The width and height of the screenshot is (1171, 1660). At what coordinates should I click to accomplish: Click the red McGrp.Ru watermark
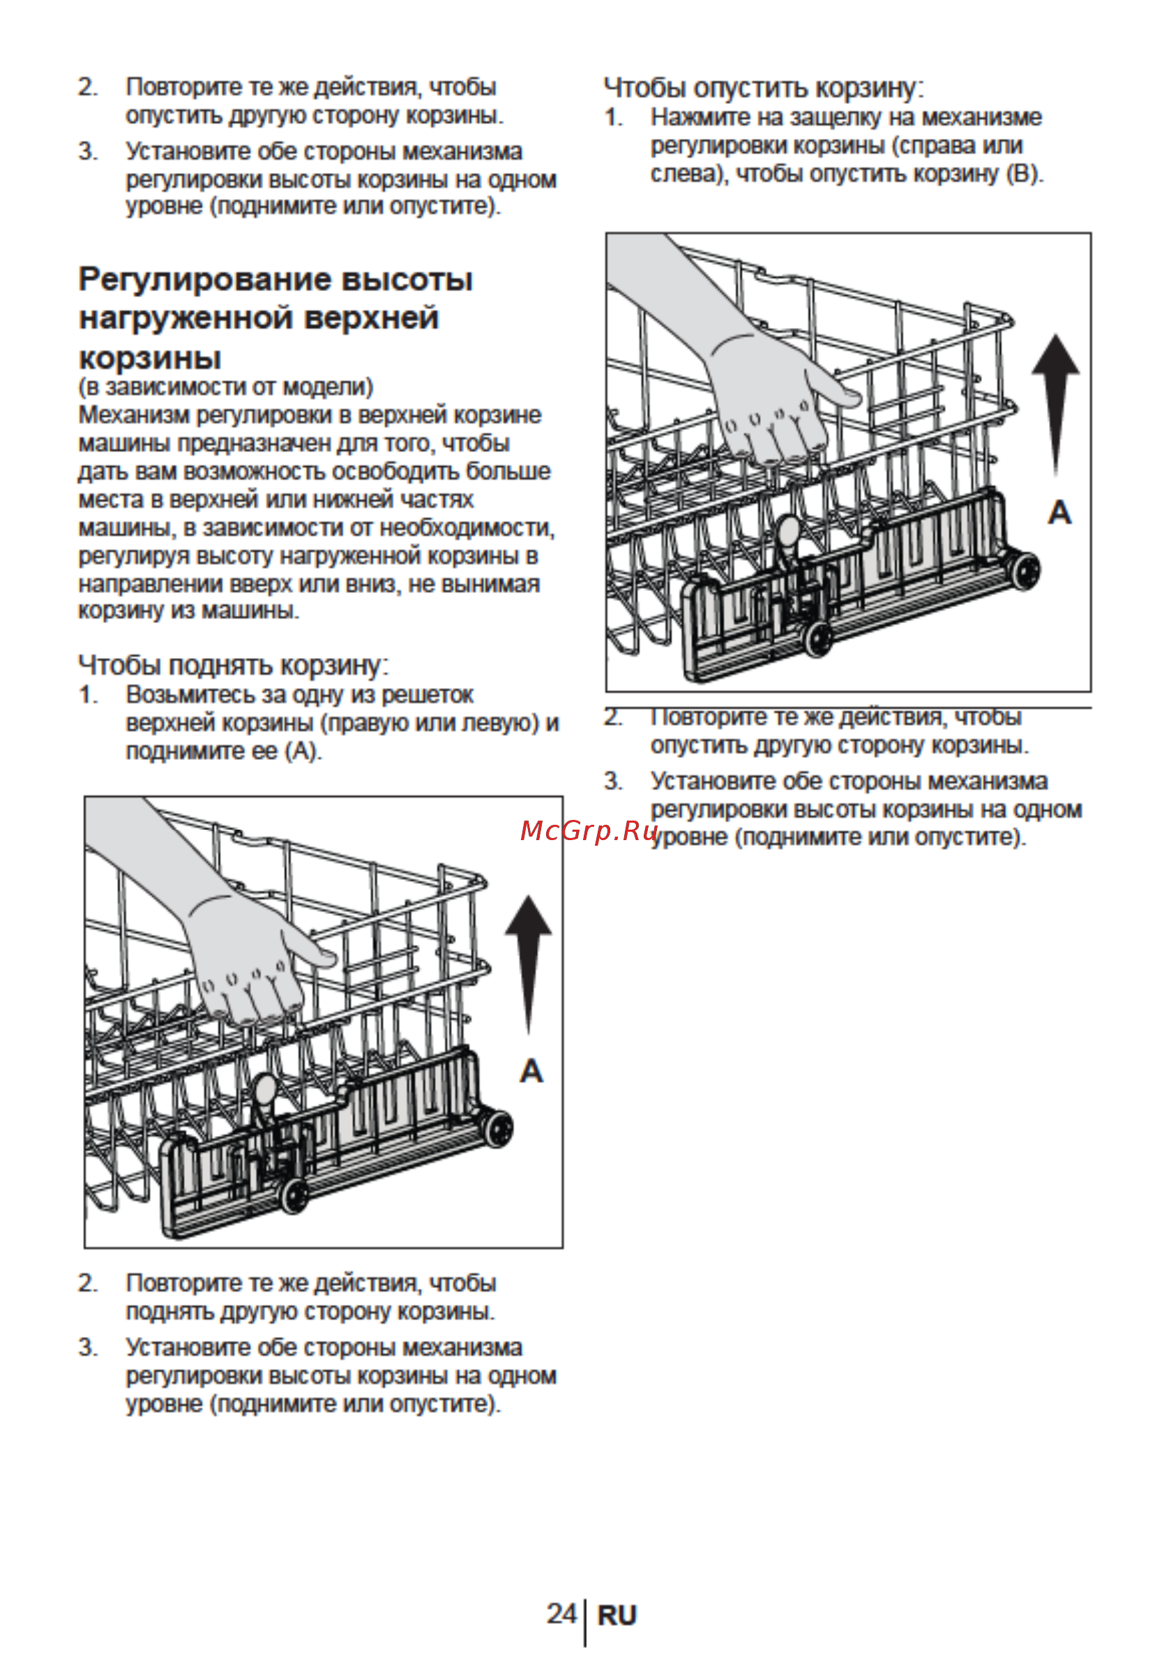590,832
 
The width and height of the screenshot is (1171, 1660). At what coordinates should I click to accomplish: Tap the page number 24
561,1613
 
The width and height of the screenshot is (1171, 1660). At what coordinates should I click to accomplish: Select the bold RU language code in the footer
617,1615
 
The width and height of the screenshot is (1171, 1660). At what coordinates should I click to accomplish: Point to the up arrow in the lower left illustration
529,965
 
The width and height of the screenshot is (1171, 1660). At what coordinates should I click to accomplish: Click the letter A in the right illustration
1059,513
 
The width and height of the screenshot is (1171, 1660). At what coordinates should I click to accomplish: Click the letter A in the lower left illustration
531,1071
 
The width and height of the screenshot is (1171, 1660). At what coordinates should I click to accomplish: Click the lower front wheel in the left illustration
294,1195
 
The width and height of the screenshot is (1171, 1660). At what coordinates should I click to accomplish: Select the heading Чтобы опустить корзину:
764,88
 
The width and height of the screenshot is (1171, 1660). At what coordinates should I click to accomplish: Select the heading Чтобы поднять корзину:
234,664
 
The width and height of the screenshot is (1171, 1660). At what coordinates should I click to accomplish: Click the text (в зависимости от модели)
225,387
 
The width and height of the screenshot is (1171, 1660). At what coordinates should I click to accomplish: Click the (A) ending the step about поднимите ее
304,752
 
